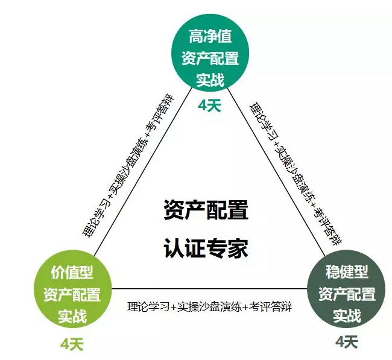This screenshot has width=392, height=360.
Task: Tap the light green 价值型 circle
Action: coord(72,293)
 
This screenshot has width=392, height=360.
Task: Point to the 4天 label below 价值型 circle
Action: coord(72,344)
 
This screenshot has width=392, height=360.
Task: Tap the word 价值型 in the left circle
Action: coord(72,272)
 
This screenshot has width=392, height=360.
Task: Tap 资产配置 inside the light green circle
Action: coord(72,294)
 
